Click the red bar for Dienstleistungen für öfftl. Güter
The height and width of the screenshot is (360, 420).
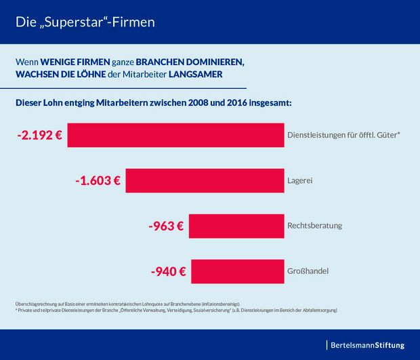[175, 135]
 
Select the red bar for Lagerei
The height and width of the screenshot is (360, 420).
[205, 180]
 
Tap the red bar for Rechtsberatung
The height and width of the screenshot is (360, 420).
[236, 225]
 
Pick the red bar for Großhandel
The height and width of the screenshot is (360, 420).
[237, 271]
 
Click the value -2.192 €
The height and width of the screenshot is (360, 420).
[39, 135]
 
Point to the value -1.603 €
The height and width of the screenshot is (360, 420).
[98, 181]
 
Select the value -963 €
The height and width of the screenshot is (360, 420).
[165, 226]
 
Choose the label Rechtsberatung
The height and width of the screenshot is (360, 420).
[315, 226]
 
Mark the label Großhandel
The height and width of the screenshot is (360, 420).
[308, 271]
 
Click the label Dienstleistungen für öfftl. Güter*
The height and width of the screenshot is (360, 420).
[343, 135]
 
